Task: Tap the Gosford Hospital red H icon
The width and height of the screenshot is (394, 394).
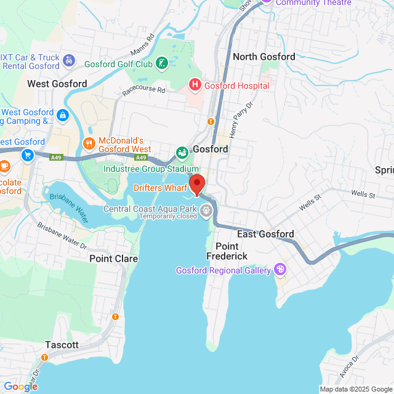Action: click(x=195, y=84)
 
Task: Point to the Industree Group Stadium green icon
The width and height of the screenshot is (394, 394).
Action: click(x=182, y=152)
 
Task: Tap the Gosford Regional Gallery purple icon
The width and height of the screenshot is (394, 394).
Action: click(x=280, y=269)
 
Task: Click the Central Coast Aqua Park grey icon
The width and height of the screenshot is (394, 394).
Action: click(x=206, y=210)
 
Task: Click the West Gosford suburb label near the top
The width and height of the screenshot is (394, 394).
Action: click(x=57, y=83)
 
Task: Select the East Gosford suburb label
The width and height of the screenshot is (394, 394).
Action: click(x=265, y=234)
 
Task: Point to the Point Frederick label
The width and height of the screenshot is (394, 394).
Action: click(x=227, y=251)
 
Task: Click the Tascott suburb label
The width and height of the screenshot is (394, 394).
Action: click(x=62, y=345)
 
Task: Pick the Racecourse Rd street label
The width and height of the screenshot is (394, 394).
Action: click(x=144, y=90)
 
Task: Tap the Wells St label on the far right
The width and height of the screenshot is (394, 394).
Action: click(x=363, y=194)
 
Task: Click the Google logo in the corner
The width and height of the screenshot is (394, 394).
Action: click(x=20, y=386)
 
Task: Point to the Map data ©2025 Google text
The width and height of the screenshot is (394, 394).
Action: click(x=355, y=389)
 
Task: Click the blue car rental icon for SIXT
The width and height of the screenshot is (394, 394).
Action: click(x=69, y=61)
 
